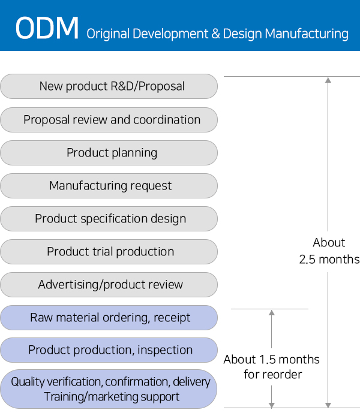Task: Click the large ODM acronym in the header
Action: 47,28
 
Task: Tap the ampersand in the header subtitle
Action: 215,34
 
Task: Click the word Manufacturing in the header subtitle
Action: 307,34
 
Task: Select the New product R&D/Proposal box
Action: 109,86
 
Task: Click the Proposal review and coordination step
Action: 109,120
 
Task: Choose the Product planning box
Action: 109,153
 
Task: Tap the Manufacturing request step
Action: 109,186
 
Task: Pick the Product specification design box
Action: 109,219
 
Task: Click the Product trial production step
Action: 109,252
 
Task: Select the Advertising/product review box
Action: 109,285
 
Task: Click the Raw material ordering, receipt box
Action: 109,318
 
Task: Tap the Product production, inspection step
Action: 109,350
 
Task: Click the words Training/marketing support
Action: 112,397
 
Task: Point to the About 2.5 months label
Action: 329,251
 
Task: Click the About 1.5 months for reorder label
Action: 272,367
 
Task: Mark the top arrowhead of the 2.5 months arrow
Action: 328,80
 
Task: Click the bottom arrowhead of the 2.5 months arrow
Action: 328,405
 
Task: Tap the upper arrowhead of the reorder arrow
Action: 272,312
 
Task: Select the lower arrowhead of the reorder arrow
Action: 272,405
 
